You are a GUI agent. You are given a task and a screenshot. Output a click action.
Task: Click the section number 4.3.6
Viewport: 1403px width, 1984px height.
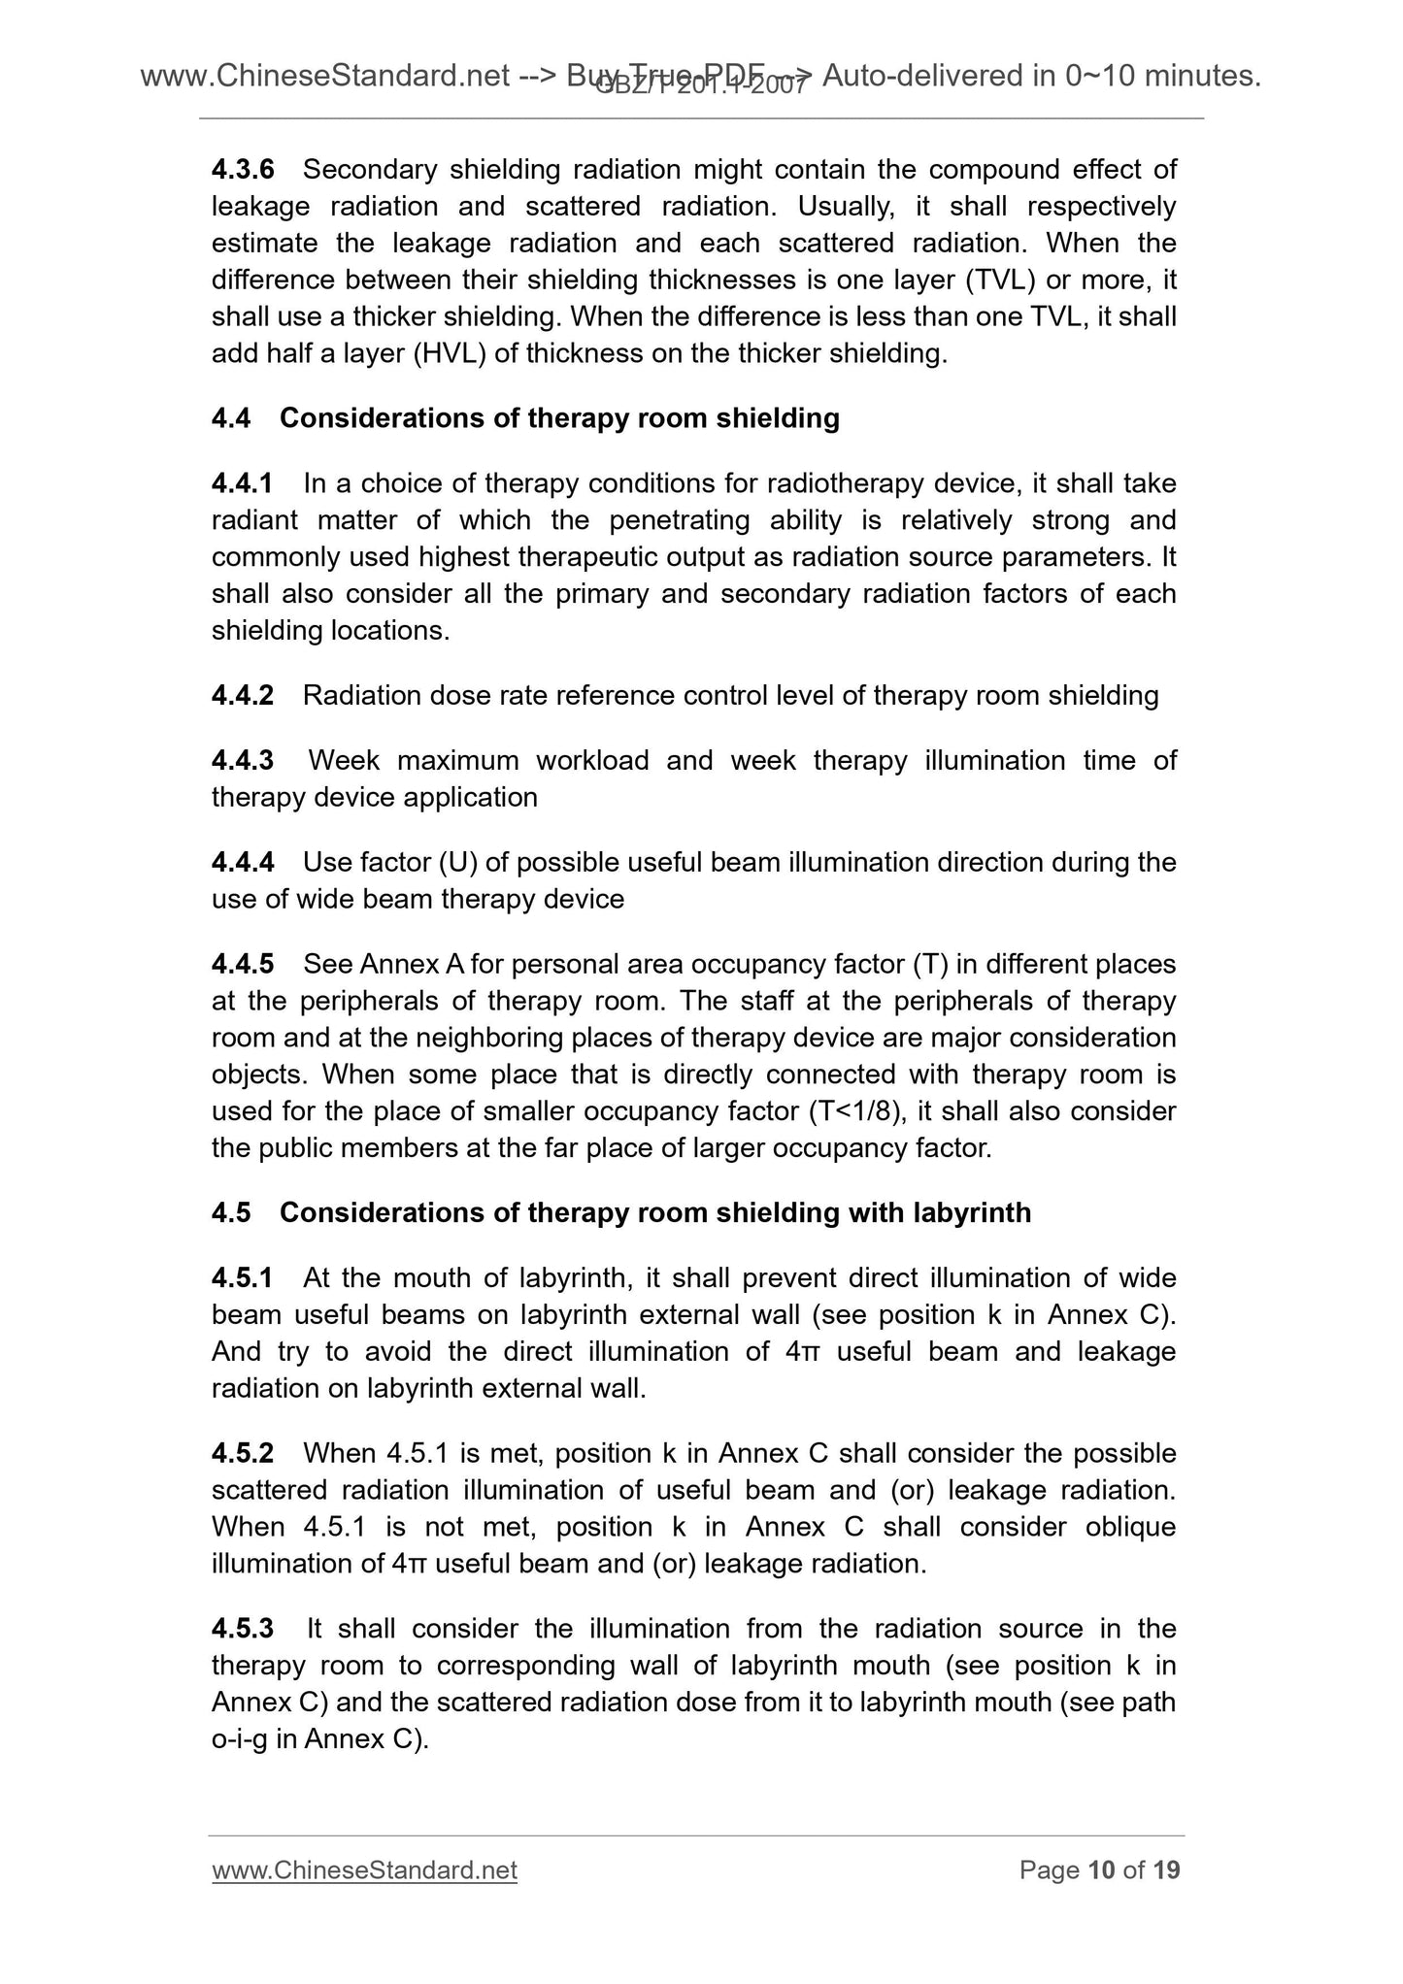pyautogui.click(x=243, y=170)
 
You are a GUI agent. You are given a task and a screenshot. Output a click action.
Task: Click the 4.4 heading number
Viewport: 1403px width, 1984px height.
pyautogui.click(x=231, y=418)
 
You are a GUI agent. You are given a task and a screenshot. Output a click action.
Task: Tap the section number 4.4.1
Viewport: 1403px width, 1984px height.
pyautogui.click(x=243, y=483)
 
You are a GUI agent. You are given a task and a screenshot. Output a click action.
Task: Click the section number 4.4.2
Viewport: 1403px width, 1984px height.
pyautogui.click(x=243, y=696)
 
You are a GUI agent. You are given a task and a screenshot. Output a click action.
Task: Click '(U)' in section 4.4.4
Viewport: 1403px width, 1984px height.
pyautogui.click(x=455, y=863)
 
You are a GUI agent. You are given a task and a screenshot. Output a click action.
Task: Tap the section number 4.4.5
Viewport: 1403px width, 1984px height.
pyautogui.click(x=243, y=965)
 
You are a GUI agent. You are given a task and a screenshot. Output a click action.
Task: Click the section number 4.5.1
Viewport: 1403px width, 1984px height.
pyautogui.click(x=243, y=1278)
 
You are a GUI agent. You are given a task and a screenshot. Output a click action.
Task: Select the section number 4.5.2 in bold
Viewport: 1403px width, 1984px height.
pyautogui.click(x=243, y=1454)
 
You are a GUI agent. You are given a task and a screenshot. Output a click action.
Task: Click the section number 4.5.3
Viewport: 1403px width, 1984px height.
pyautogui.click(x=243, y=1630)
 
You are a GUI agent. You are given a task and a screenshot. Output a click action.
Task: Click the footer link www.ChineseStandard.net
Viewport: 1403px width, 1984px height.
pyautogui.click(x=364, y=1870)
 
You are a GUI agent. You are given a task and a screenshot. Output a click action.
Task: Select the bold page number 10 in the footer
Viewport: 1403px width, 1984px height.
pyautogui.click(x=1101, y=1870)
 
